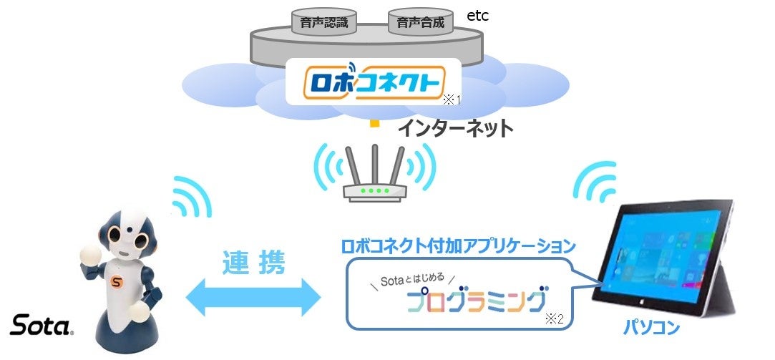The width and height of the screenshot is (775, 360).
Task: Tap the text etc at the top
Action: point(478,16)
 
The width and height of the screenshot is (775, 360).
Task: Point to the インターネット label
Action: point(456,128)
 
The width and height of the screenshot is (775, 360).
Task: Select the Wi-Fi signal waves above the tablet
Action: point(597,183)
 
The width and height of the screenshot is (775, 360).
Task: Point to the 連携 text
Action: point(254,263)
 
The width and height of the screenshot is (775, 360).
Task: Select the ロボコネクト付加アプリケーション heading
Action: point(458,246)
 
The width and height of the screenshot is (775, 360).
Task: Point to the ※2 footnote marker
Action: point(555,319)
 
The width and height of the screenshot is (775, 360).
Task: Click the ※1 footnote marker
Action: point(450,99)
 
